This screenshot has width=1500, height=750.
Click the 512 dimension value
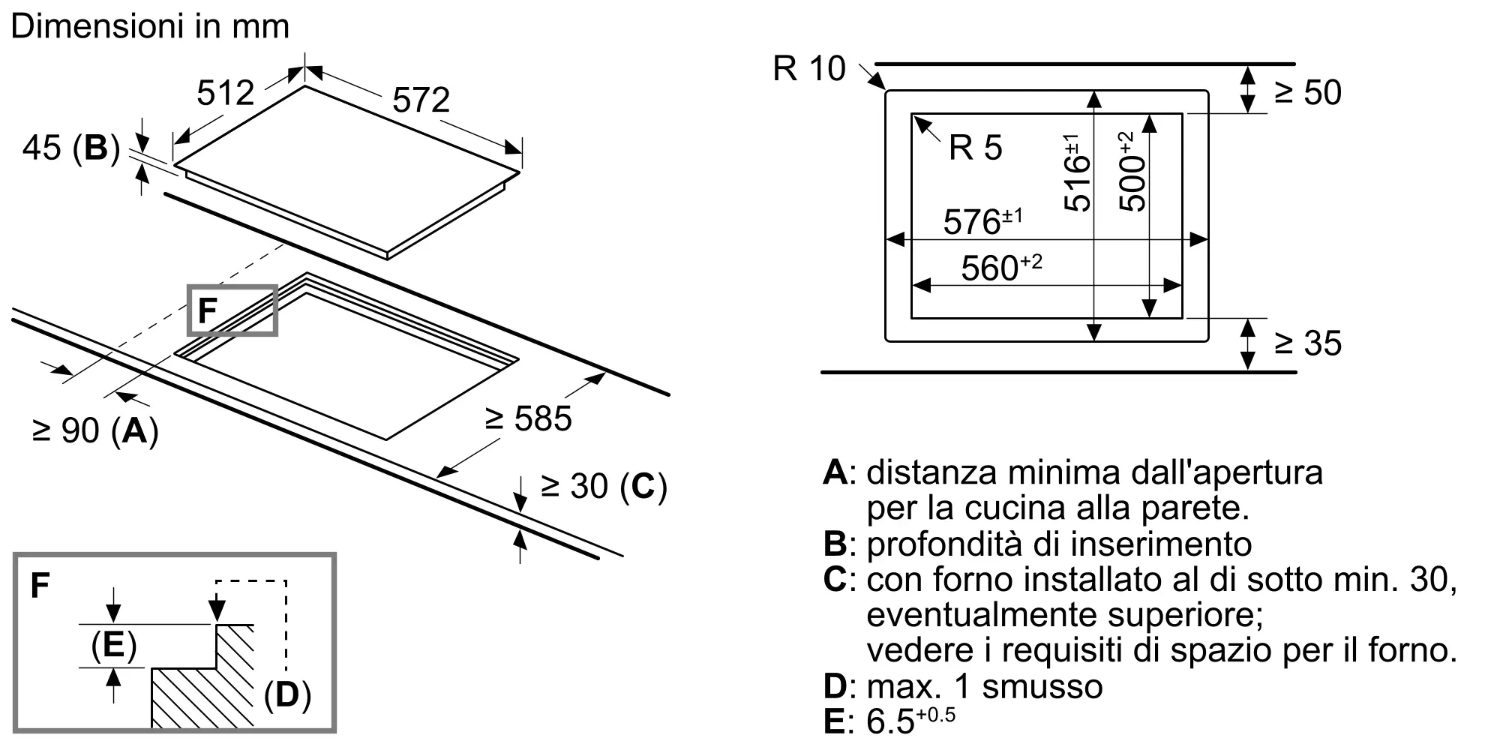[226, 93]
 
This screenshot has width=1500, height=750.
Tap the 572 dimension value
[421, 100]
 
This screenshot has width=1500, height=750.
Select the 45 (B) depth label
[71, 148]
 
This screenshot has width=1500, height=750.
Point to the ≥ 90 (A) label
[95, 430]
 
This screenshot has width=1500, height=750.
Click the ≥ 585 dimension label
[529, 418]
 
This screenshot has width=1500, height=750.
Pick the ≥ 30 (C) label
[604, 486]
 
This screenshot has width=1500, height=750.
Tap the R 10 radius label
[809, 69]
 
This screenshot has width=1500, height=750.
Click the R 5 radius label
[975, 148]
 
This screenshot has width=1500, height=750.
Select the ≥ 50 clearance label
[1308, 92]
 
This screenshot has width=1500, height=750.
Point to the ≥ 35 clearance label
[1308, 343]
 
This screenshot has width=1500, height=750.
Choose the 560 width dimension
[1001, 268]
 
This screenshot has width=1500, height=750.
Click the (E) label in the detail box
[114, 645]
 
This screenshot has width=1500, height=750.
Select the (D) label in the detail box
[287, 695]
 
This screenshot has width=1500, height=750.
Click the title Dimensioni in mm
[150, 27]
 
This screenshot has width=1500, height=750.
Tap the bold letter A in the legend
[835, 472]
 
